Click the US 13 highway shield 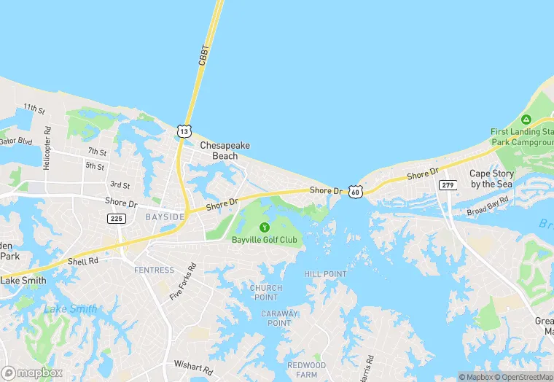[184, 131]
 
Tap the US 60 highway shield [355, 192]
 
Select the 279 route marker [447, 185]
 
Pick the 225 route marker [116, 218]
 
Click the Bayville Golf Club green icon [265, 227]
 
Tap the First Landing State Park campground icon [526, 120]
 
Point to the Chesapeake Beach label [225, 150]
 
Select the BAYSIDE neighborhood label [165, 217]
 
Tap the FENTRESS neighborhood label [154, 270]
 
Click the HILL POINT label [325, 274]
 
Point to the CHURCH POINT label [265, 292]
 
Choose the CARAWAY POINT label [280, 319]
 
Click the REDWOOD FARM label [306, 370]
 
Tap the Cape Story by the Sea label [491, 179]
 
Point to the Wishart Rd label [192, 364]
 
